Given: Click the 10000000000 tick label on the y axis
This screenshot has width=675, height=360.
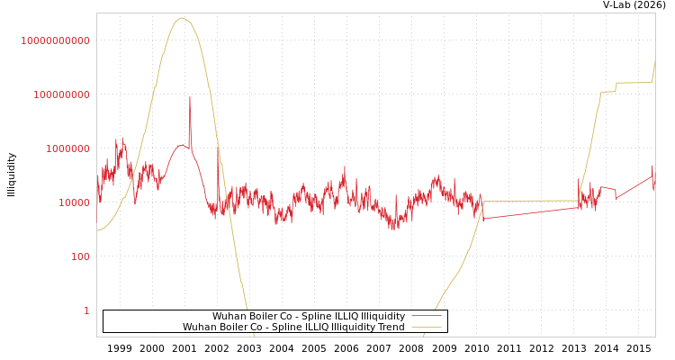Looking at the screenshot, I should click(56, 40).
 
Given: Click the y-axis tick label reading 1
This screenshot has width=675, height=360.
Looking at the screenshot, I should click(86, 310).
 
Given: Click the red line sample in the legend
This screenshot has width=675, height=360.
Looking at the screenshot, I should click(427, 316).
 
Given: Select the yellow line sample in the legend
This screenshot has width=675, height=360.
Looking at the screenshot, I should click(427, 327).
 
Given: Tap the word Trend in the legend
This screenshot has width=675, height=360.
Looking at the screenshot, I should click(390, 327).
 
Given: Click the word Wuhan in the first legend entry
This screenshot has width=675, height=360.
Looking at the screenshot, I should click(229, 316).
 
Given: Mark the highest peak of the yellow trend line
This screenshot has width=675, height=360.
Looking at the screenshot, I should click(182, 18).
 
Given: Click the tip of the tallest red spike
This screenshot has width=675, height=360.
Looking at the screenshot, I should click(190, 97).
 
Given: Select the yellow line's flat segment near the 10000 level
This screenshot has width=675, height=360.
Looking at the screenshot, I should click(531, 201).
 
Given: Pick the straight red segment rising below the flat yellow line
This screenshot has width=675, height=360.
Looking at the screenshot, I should click(531, 213).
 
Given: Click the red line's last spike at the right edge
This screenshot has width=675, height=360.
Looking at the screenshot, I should click(652, 167).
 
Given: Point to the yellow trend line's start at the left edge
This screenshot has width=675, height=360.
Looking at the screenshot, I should click(98, 230).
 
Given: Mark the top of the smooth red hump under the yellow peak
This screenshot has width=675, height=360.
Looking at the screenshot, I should click(182, 145).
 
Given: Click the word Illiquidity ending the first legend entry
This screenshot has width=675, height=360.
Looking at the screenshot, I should click(382, 316).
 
